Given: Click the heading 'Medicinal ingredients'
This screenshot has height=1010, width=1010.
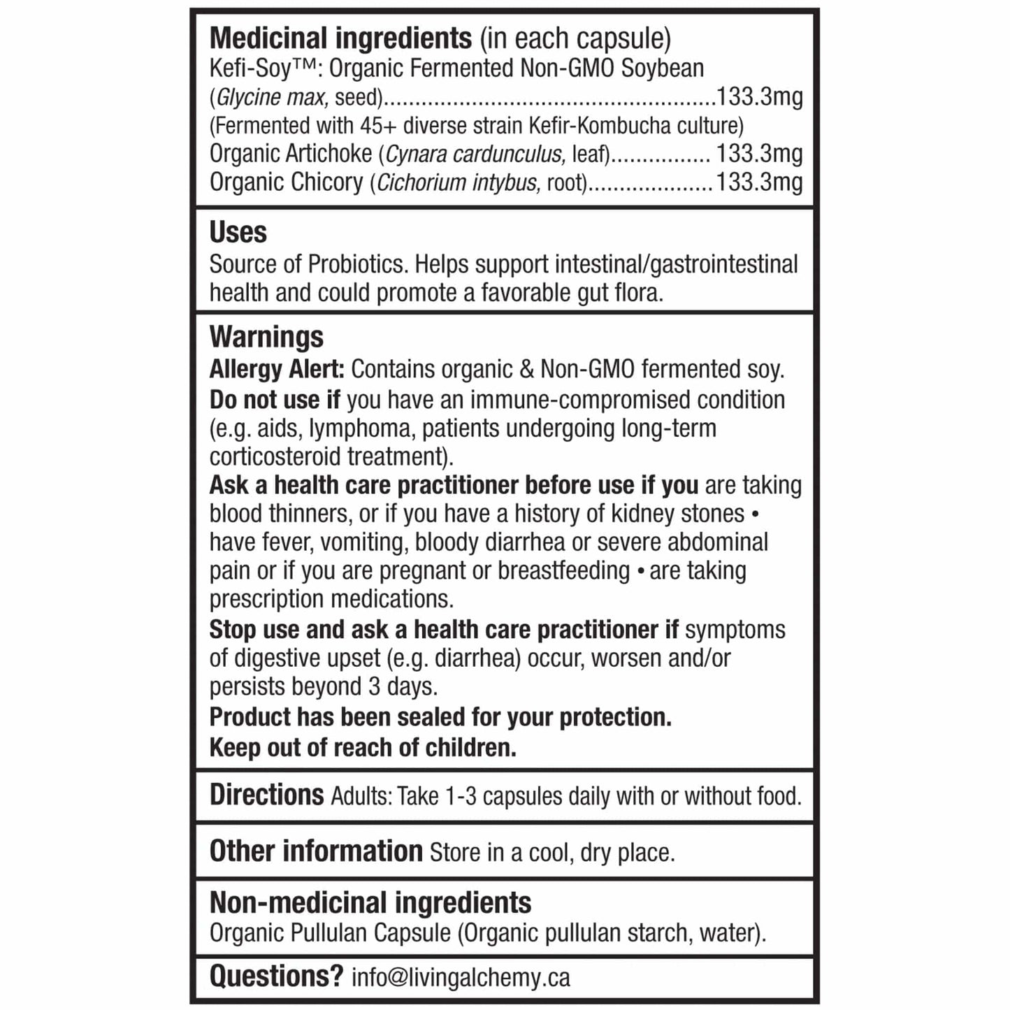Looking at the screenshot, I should coord(340,38).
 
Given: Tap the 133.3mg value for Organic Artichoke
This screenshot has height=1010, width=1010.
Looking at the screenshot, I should coord(759,154).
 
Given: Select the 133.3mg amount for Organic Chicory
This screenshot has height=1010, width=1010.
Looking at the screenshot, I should coord(759,182).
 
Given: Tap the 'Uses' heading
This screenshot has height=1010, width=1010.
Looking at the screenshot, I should coord(238,233).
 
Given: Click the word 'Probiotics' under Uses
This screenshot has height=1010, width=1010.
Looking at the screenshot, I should coord(357,264).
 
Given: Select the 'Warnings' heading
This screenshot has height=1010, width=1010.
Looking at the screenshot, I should coord(266,337).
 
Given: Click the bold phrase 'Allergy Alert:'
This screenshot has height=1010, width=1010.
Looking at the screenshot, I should coord(277,369).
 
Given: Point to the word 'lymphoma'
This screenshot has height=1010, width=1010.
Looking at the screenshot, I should coord(361,428).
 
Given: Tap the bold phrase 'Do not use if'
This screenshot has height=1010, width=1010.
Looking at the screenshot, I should coord(275,400).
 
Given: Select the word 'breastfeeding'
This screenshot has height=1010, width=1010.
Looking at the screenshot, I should coord(563,570).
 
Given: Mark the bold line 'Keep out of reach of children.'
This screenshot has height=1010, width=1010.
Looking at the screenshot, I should coord(363,748).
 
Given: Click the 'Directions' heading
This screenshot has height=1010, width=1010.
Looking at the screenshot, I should coord(266,795).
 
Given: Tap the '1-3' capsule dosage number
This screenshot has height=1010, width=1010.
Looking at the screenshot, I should coord(461,797).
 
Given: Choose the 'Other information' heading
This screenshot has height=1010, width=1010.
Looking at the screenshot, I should coord(316,851).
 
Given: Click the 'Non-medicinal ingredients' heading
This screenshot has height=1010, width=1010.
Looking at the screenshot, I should coord(370,902).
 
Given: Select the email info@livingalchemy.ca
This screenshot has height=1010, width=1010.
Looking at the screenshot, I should coord(461,977).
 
